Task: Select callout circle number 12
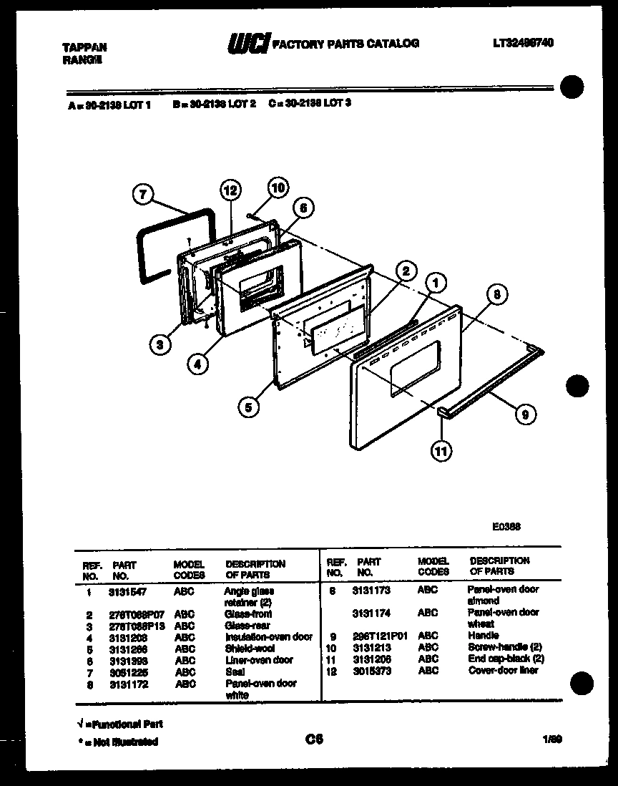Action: point(229,191)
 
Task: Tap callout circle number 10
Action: point(278,188)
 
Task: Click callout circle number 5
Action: point(248,407)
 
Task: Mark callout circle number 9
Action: point(524,412)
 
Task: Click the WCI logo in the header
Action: point(247,44)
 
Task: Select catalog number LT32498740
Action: point(523,43)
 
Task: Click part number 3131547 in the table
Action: point(127,593)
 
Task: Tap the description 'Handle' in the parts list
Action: point(484,636)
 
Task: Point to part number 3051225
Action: point(127,672)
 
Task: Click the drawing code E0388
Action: point(506,525)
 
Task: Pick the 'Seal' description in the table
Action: point(235,672)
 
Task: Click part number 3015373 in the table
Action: point(371,670)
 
